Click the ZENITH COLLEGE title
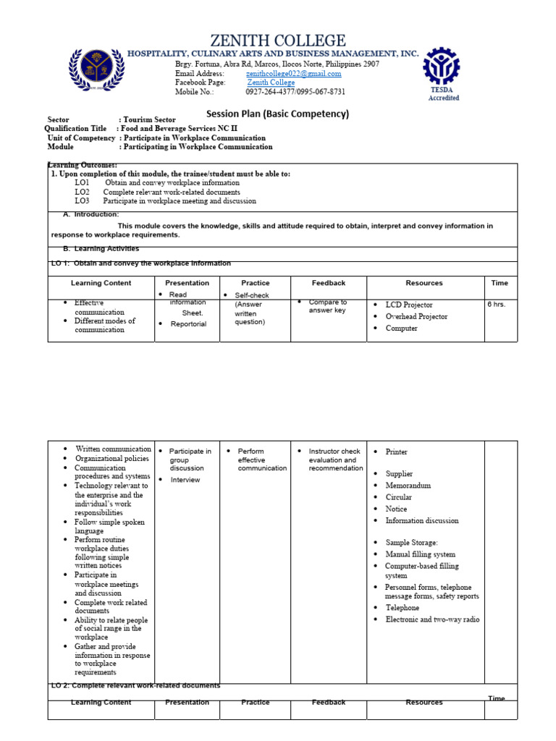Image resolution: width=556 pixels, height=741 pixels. (278, 41)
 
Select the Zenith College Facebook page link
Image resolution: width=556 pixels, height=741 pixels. (271, 82)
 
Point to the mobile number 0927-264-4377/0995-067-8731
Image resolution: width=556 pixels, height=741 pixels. (295, 92)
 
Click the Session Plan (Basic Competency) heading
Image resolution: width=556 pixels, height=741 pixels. (278, 114)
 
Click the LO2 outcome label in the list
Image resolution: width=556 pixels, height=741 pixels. (82, 192)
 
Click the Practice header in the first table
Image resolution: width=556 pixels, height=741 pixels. (255, 283)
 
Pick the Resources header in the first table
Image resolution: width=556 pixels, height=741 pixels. (424, 283)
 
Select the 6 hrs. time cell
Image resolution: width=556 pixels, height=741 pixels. (497, 305)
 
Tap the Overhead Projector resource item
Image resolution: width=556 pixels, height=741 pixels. (416, 317)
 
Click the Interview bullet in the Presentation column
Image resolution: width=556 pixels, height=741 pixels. (185, 480)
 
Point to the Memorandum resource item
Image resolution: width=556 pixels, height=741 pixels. (408, 486)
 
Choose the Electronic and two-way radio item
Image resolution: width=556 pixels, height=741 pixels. (432, 619)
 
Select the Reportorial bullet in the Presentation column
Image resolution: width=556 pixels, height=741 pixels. (188, 324)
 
